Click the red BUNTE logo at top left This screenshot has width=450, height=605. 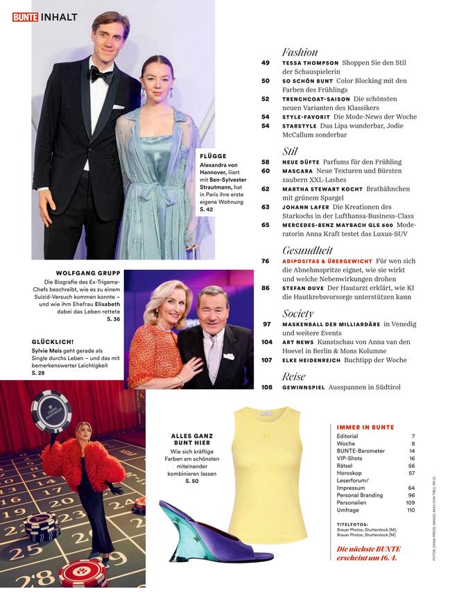24,17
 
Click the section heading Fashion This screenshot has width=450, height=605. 300,52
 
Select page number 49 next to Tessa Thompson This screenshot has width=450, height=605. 266,62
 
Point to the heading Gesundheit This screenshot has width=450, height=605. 307,250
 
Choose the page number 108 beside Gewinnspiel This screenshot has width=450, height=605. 267,387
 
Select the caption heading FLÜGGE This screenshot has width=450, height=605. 213,156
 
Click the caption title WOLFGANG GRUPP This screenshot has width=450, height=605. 87,273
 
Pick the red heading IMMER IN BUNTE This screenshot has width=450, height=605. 365,427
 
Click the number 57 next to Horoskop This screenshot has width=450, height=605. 411,472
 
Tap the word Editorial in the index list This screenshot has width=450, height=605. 347,436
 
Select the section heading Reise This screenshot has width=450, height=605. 294,376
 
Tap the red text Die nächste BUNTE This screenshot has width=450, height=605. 367,549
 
